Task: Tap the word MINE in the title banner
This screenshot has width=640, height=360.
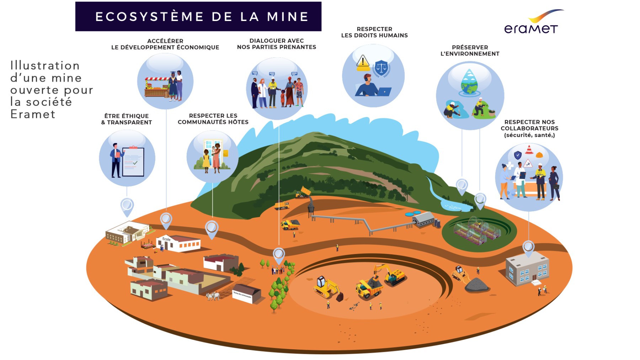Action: coord(288,17)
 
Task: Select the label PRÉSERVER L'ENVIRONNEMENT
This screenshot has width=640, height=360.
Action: coord(470,51)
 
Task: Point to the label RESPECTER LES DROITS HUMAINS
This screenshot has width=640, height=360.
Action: coord(374,32)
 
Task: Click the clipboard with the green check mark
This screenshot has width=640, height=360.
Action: coord(133,162)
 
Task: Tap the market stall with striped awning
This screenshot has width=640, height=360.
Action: coord(157,87)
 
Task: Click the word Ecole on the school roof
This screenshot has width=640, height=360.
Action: coord(166,239)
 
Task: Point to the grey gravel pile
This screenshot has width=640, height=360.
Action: coord(476,285)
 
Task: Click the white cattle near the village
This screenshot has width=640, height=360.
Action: coord(213,296)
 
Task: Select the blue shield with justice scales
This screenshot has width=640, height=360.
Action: coord(381,68)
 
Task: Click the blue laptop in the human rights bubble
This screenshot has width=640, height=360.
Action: coord(384,92)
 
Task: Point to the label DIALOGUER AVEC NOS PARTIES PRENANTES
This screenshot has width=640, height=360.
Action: coord(276,44)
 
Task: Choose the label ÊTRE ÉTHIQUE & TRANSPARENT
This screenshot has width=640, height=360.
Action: coord(127,119)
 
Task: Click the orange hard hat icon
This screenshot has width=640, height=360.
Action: coord(539,155)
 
